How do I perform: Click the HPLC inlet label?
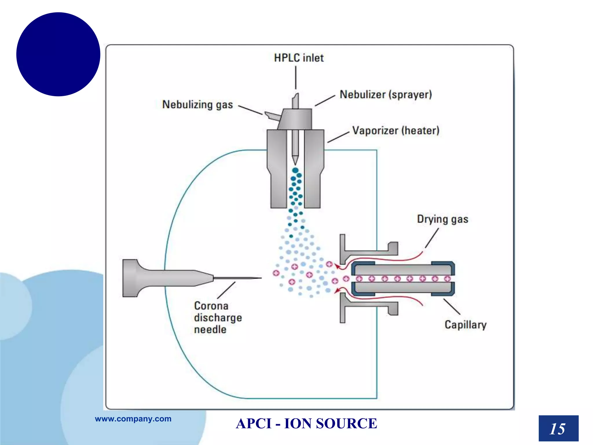[x=299, y=58]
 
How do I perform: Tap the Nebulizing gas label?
[x=197, y=105]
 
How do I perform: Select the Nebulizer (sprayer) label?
[x=386, y=95]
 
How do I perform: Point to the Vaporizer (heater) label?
[x=396, y=131]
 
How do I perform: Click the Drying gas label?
[x=442, y=219]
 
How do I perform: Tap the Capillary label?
[x=465, y=325]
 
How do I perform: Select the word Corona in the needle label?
[x=211, y=306]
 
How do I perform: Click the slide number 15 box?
[x=558, y=428]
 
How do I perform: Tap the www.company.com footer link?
[x=133, y=419]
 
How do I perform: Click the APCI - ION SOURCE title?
[x=306, y=424]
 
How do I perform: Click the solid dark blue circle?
[x=58, y=54]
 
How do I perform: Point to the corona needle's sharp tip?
[x=260, y=278]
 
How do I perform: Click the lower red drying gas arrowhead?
[x=337, y=291]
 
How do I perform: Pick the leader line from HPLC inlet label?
[x=296, y=77]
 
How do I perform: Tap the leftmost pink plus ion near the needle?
[x=276, y=273]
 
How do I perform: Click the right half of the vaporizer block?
[x=314, y=168]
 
